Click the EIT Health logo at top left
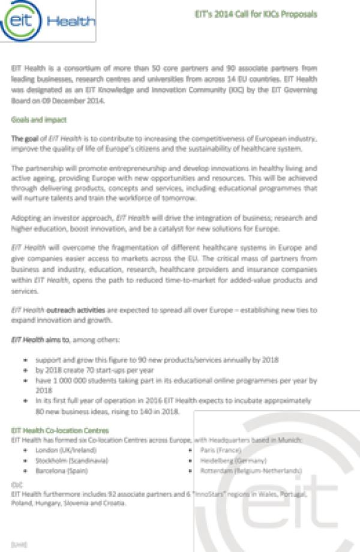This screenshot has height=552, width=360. coord(48,22)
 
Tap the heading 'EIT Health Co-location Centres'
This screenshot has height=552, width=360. coord(60,430)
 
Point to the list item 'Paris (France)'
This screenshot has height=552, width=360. coord(221,449)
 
